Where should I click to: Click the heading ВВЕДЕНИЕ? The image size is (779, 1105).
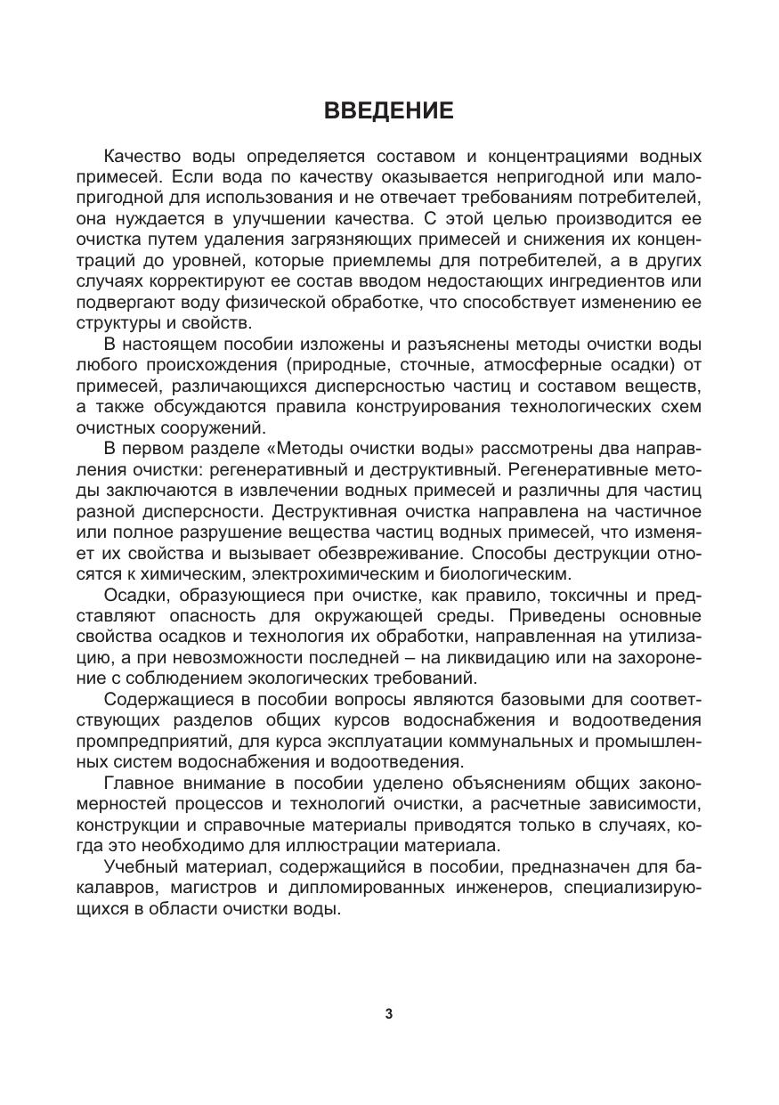389,110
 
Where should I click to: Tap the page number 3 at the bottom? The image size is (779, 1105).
389,1013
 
